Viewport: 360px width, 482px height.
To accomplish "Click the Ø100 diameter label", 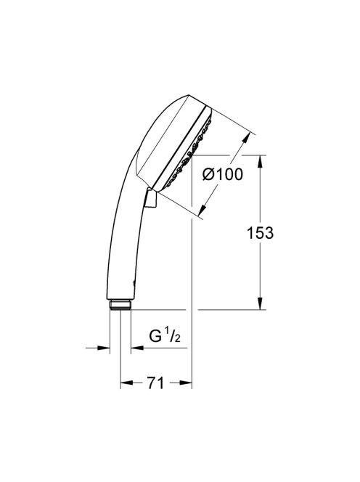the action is click(223, 175).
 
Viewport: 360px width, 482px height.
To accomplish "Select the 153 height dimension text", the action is click(260, 233).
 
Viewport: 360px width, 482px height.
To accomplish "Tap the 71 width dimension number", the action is click(156, 383).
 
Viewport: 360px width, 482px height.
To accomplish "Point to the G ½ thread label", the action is click(165, 335).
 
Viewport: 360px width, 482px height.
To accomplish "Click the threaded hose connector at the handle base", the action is click(120, 306).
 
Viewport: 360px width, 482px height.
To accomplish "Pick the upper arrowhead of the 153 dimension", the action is click(260, 161).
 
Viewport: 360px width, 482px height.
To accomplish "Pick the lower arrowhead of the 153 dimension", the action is click(260, 303).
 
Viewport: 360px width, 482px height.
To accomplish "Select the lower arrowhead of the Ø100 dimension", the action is click(202, 209).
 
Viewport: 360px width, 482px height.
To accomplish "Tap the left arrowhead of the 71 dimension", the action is click(126, 383).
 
